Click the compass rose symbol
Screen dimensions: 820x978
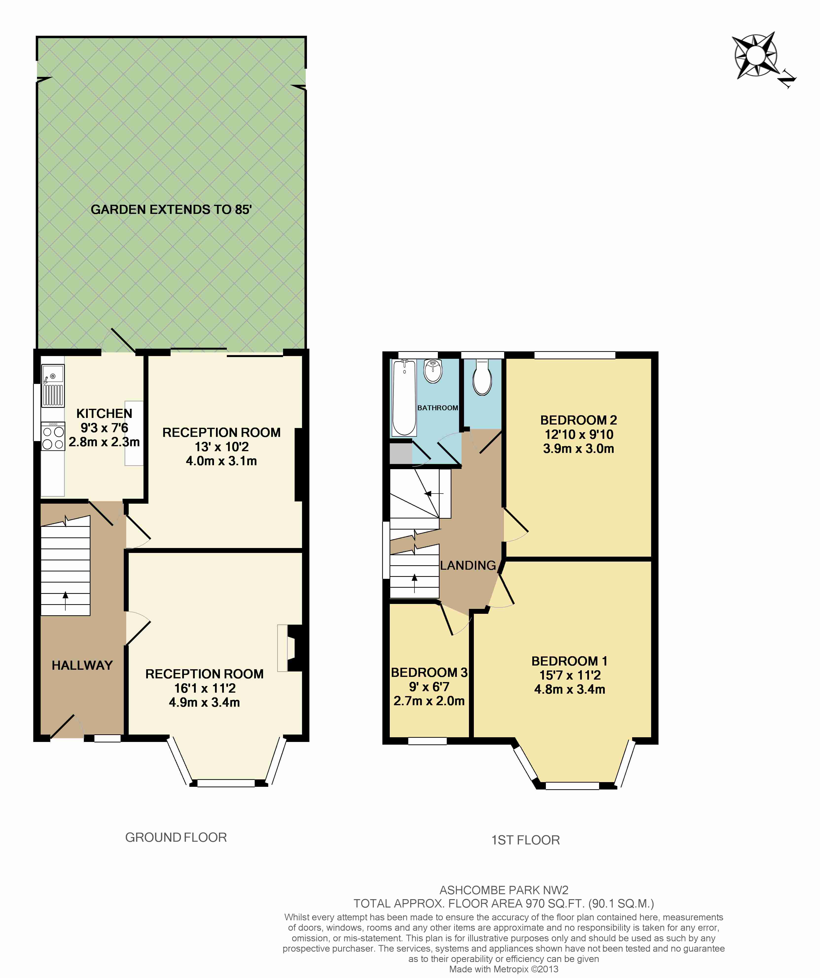756,56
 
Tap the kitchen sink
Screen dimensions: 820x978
53,386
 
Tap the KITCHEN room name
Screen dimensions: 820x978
104,413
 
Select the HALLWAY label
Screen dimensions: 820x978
82,666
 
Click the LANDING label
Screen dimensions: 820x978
468,565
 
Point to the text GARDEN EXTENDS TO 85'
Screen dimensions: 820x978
171,209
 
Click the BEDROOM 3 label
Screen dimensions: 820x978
429,672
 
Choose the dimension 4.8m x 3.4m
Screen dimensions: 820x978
569,689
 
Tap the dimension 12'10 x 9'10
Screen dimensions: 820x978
579,434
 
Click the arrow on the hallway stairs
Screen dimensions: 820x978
65,601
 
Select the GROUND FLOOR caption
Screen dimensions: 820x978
176,837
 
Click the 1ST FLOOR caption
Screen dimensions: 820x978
526,840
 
